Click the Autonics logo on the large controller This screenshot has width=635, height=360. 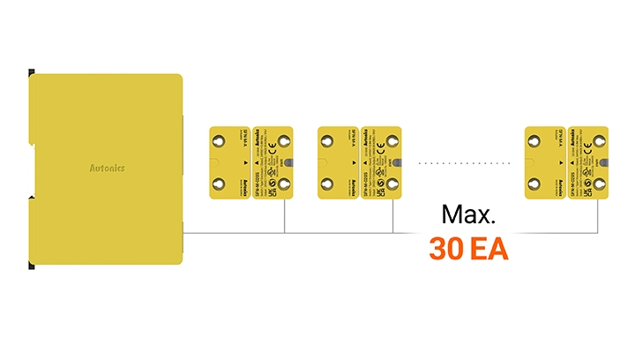107,168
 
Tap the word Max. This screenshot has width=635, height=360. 469,214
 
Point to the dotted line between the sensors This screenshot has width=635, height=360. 464,163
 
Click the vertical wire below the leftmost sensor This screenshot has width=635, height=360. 284,216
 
